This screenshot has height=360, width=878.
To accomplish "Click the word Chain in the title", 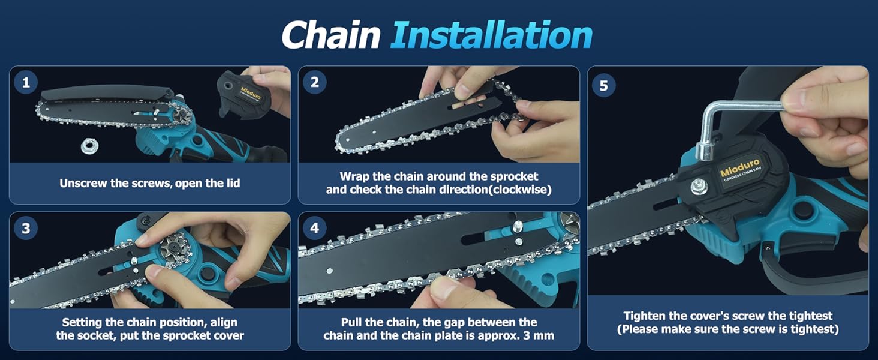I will coord(330,35).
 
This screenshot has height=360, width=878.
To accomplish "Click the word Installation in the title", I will coord(491,35).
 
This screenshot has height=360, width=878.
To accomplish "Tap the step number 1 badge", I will coord(26,83).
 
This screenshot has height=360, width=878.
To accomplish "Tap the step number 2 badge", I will coord(315,83).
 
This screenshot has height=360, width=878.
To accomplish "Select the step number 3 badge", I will coord(26,229).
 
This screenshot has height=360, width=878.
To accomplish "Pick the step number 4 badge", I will coord(315,229).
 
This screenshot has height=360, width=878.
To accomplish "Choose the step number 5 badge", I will coord(603,85).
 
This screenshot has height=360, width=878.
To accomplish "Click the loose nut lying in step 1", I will coord(91,145).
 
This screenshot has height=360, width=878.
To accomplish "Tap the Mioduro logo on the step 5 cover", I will coord(739,167).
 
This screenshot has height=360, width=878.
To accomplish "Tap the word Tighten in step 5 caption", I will coord(644,316).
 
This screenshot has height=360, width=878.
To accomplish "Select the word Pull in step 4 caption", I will coord(352,322).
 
